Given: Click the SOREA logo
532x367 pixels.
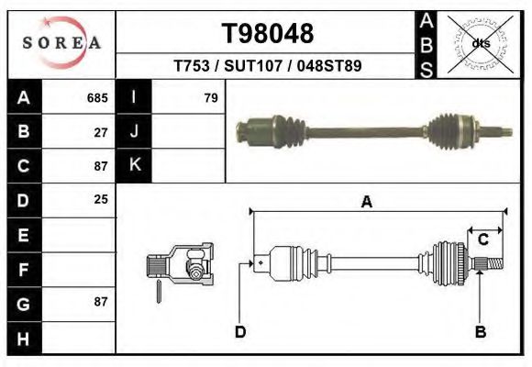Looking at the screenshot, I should pos(61,43).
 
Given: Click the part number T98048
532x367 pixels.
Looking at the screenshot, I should pos(269,34).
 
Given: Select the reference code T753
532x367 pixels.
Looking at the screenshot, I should pos(192,66).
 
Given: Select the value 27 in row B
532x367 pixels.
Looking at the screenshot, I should pos(102,132).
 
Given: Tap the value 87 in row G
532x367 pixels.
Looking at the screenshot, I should pos(102,302).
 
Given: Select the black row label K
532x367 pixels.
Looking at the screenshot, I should pos(134,166).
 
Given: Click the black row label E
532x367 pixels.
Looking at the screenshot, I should pos(23,235).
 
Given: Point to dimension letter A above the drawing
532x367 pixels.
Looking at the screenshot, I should pos(366,203).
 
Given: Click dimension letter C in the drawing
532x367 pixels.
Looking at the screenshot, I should pos(482,240).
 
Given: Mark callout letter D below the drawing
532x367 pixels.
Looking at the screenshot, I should pos(239,332).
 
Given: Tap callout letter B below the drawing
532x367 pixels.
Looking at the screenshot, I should pos(479,332).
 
